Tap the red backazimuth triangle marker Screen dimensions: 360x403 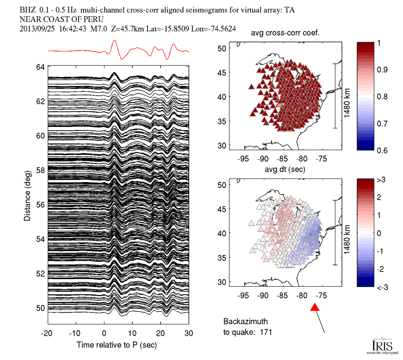315,307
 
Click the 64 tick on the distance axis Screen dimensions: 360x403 40,66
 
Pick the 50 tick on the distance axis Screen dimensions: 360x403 40,308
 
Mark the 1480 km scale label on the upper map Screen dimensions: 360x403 348,96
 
